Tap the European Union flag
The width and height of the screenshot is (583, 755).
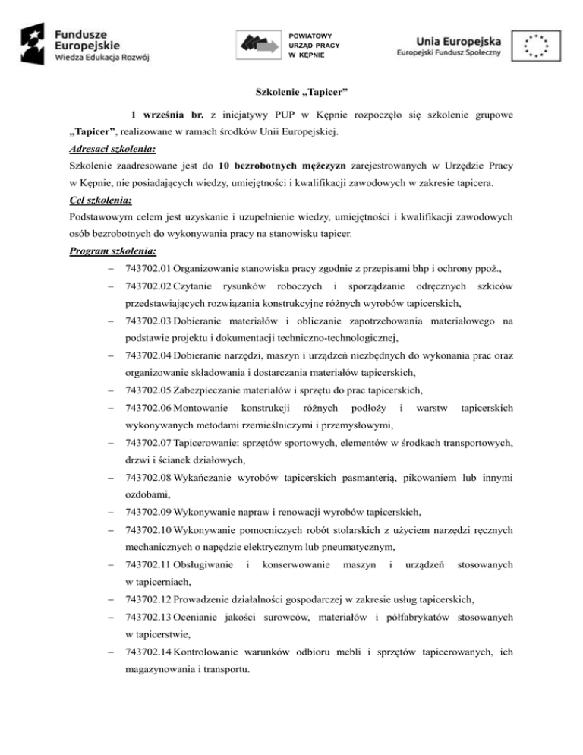536,45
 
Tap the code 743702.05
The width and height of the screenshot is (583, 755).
148,390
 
